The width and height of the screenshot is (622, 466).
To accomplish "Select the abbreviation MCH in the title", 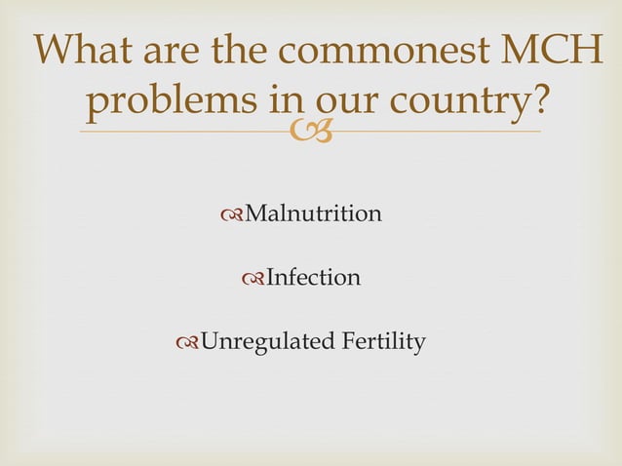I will [x=561, y=52].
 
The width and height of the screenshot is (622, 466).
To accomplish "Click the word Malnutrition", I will [x=312, y=214].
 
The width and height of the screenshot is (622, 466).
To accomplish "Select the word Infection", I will [x=313, y=278].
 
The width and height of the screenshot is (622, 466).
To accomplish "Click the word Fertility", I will [x=381, y=342].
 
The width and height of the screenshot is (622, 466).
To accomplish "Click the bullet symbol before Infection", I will [x=253, y=279].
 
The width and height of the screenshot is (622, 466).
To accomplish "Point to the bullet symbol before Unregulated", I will [x=188, y=343].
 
